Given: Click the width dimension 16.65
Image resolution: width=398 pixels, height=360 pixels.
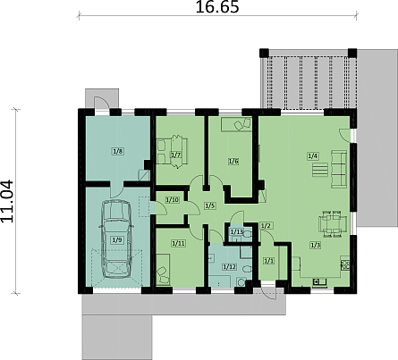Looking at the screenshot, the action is [x=217, y=7].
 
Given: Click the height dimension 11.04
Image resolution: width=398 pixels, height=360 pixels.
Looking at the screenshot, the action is [x=7, y=201].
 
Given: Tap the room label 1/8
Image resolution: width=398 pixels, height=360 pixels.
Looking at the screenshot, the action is [x=118, y=151].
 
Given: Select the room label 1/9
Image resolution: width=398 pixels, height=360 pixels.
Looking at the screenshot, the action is [x=117, y=239].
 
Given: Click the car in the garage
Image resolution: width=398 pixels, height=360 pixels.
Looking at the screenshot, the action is [x=117, y=239].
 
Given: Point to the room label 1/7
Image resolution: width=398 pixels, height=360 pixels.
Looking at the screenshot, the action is [x=176, y=155].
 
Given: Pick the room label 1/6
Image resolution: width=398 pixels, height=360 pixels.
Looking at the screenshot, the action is [x=233, y=162].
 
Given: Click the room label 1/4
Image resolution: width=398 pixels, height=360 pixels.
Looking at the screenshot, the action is [x=313, y=155].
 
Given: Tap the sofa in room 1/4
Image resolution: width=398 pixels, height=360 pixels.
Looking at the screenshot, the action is [x=339, y=169].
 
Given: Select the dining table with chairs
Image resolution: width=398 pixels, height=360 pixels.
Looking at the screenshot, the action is [x=334, y=224].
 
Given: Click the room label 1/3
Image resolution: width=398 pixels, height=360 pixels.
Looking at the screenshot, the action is [x=316, y=246].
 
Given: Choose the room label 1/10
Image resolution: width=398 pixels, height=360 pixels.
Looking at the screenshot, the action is [x=173, y=200].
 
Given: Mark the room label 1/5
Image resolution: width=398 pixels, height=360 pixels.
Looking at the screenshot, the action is [x=210, y=205].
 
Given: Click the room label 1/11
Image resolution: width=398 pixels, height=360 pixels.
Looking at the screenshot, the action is [x=178, y=244].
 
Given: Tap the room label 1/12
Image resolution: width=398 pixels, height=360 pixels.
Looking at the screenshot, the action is [x=230, y=267].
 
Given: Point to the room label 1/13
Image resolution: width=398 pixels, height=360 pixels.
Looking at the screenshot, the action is [x=237, y=231].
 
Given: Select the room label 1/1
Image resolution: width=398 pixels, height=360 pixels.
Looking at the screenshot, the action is [x=268, y=261].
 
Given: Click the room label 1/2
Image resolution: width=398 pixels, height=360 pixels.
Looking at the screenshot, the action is [x=266, y=226].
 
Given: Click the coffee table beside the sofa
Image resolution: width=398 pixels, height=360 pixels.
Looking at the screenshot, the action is [x=320, y=170].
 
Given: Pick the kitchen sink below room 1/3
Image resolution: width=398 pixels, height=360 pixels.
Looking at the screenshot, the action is [x=319, y=281].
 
